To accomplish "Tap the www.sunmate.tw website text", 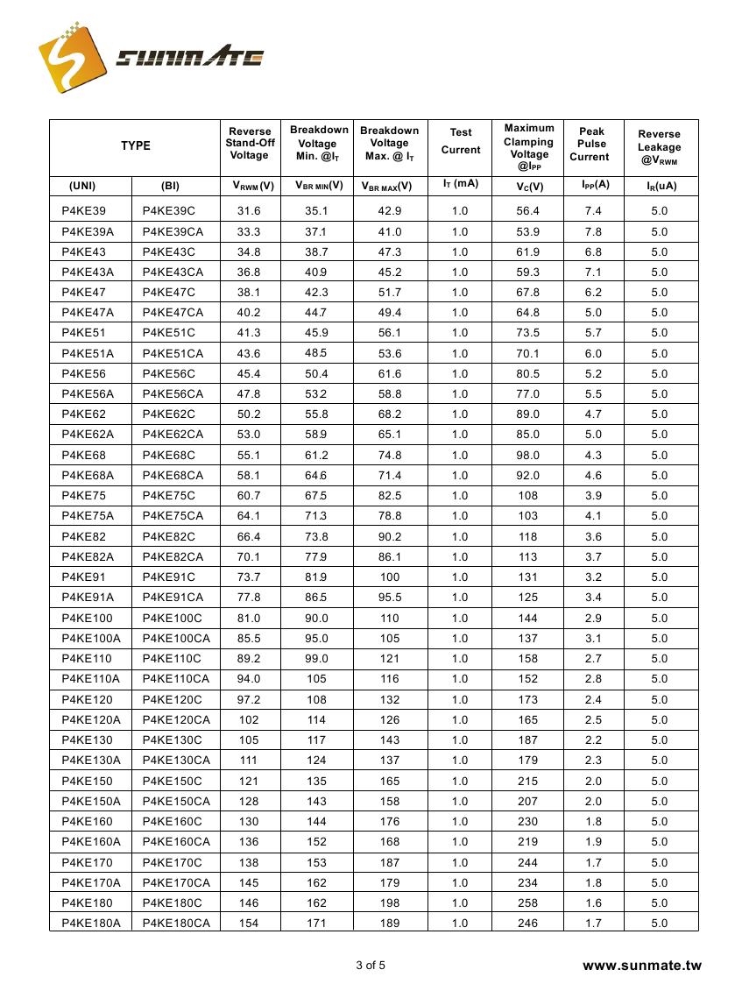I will [x=642, y=966].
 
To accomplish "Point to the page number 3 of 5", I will [x=371, y=966].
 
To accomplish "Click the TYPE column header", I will [x=136, y=146].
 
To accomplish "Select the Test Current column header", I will [x=461, y=141].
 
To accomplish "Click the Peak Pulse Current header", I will [x=591, y=144].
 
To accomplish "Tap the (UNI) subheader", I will [x=82, y=186].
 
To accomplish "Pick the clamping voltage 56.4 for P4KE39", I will [x=528, y=211].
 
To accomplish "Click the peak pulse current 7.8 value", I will [x=593, y=231].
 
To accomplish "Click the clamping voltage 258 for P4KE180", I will [x=528, y=902].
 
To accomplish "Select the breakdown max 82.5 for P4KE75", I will [x=389, y=496].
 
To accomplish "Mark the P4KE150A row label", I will [x=91, y=801].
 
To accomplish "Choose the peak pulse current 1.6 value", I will [x=593, y=902].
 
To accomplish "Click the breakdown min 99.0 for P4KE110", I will [x=316, y=658].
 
